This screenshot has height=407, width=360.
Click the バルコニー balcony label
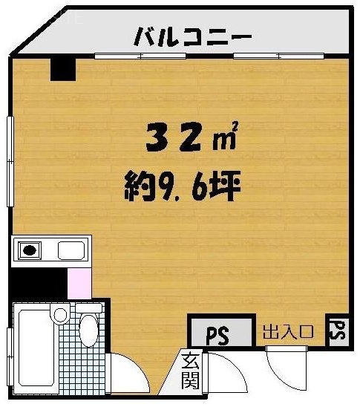[193, 37]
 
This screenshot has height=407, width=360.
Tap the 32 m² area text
[192, 137]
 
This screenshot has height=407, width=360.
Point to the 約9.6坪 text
[183, 186]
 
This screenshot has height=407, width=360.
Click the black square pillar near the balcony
[63, 70]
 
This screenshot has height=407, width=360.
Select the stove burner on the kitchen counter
[30, 250]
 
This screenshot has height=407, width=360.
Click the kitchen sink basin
[71, 250]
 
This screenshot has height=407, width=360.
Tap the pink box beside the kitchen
[79, 284]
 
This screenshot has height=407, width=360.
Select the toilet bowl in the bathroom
[89, 331]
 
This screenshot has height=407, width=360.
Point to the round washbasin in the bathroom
[60, 314]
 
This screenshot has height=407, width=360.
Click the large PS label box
[221, 332]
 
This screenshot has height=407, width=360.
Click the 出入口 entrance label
[289, 332]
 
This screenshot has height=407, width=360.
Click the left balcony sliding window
[140, 56]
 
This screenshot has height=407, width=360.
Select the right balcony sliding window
[279, 56]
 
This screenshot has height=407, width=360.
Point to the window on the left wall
[10, 161]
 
